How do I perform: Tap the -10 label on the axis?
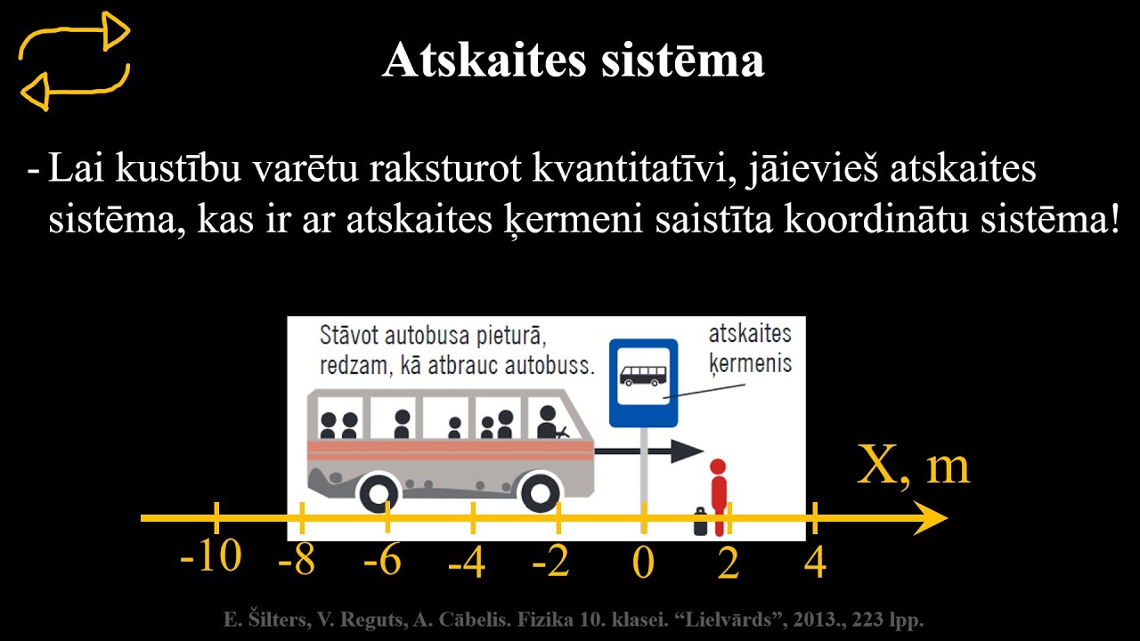coord(211,557)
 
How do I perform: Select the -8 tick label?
coord(297,562)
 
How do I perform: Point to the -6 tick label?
coord(383,562)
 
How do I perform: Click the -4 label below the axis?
coord(467,563)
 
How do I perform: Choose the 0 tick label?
coord(643,564)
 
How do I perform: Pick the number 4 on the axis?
coord(815,563)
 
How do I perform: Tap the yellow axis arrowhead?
coord(930,518)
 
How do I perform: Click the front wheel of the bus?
coord(540,491)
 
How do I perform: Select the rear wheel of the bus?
coord(382,491)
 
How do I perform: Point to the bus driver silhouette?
coord(549,423)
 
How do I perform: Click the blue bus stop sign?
coord(643,382)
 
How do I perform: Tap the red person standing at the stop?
coord(718,494)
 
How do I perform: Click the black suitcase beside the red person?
coord(701,522)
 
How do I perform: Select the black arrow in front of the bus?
coord(650,450)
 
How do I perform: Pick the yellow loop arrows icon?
coord(75,61)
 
